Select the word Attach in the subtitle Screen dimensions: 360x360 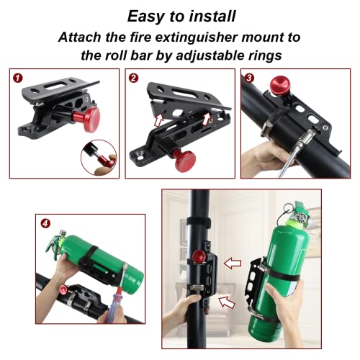pyautogui.click(x=83, y=37)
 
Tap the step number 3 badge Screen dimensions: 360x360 pyautogui.click(x=248, y=76)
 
